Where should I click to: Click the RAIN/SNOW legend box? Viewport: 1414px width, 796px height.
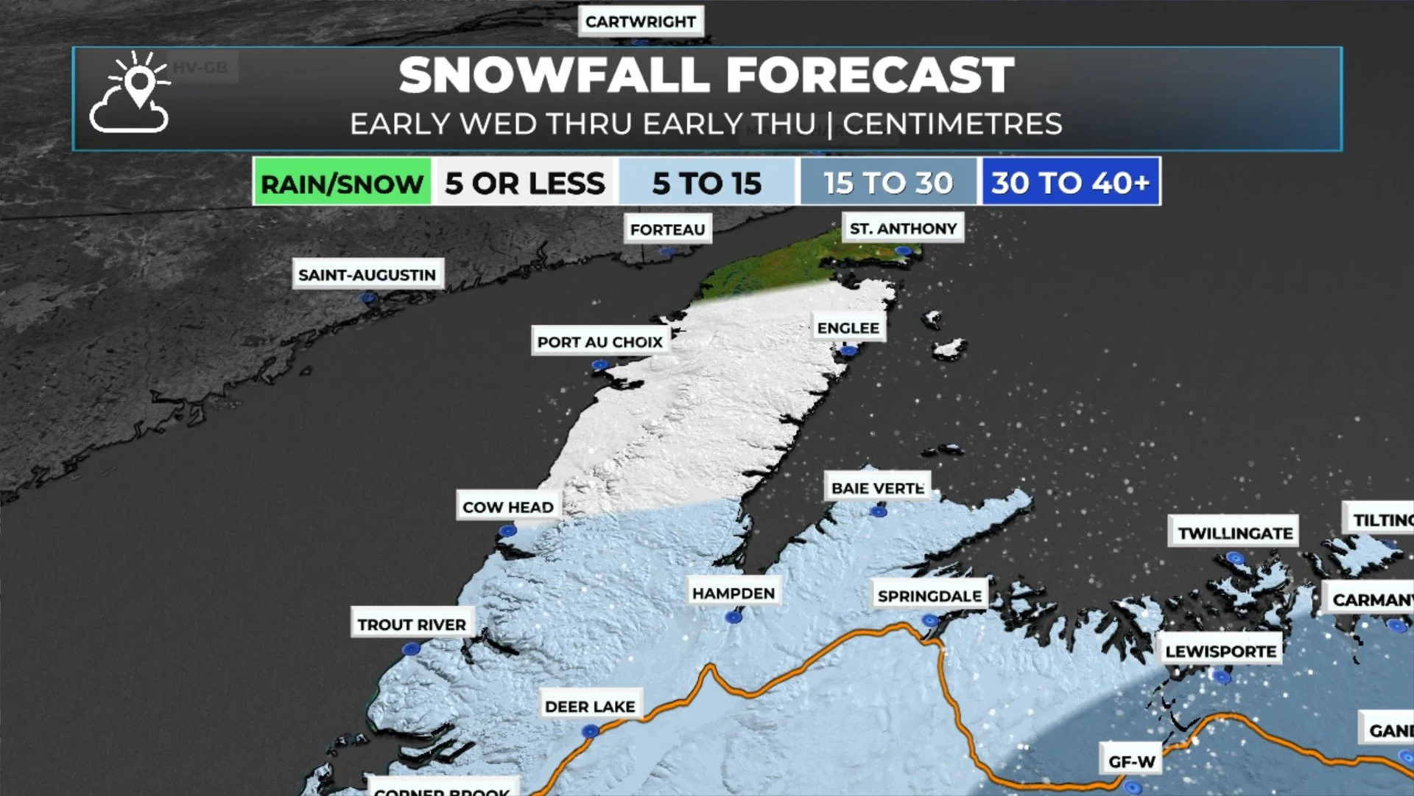coord(342,182)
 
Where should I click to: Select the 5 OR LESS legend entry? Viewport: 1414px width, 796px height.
coord(524,182)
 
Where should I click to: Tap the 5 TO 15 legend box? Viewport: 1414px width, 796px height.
coord(707,182)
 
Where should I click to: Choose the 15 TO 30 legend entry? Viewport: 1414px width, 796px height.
coord(888,182)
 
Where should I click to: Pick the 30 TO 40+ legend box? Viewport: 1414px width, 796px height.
coord(1070,182)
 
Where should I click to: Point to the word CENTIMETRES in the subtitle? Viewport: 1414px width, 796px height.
coord(952,124)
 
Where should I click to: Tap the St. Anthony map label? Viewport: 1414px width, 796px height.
coord(903,228)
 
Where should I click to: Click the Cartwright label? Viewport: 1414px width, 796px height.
coord(640,21)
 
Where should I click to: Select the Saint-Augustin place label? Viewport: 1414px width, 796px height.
coord(367,274)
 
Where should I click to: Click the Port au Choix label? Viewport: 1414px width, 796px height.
coord(600,342)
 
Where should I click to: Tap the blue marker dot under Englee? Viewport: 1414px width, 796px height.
coord(848,351)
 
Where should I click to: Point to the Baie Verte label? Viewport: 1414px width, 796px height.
coord(877,488)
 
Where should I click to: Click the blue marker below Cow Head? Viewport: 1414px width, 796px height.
coord(507,531)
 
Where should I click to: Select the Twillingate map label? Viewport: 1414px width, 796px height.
coord(1234,533)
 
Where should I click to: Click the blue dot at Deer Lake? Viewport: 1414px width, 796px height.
coord(590,731)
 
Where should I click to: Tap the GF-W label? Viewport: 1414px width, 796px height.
coord(1132,761)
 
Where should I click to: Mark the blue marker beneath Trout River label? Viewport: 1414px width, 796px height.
coord(411,649)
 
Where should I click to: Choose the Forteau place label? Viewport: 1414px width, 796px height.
coord(667,229)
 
